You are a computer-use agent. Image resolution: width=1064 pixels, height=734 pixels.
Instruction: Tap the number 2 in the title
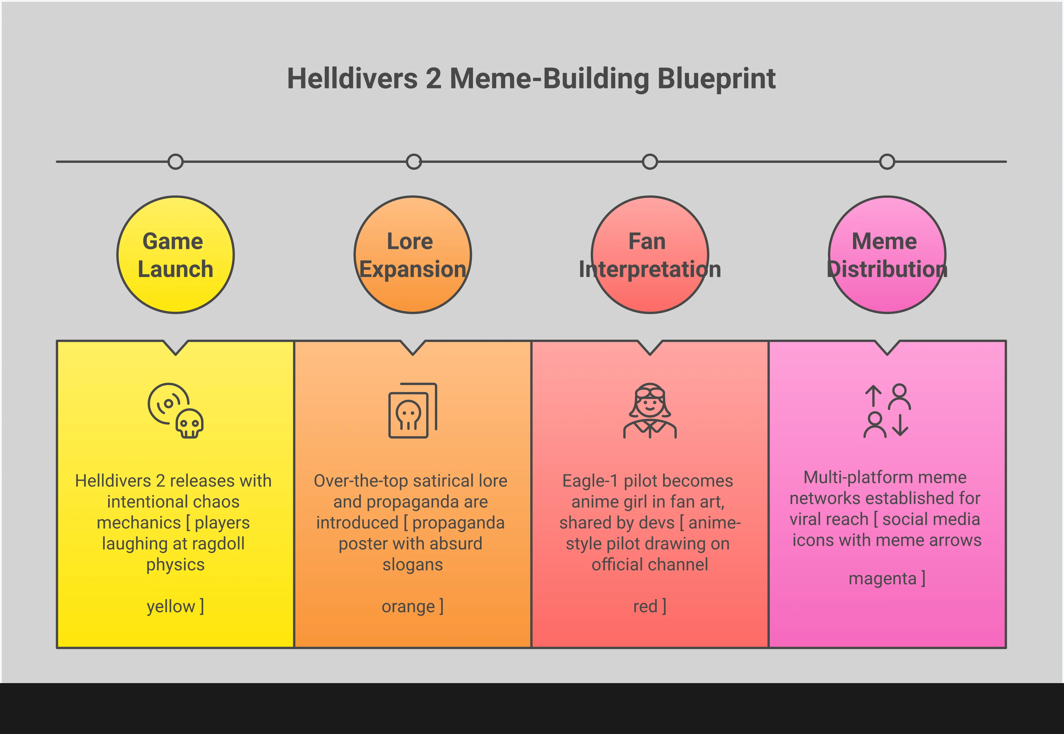point(433,79)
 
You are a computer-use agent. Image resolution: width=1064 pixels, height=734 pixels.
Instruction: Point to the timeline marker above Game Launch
point(176,162)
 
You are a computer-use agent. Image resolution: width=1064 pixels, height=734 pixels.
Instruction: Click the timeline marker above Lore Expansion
point(414,162)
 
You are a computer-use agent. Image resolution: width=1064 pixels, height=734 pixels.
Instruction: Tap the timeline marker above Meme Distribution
point(887,162)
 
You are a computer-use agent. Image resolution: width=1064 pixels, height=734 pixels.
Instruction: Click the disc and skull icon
point(176,410)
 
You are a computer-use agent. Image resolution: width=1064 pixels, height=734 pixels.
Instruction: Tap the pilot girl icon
point(650,410)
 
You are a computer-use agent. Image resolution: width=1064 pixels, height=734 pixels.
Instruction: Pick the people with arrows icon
point(887,410)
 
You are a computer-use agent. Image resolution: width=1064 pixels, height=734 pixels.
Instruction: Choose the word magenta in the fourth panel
point(883,578)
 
